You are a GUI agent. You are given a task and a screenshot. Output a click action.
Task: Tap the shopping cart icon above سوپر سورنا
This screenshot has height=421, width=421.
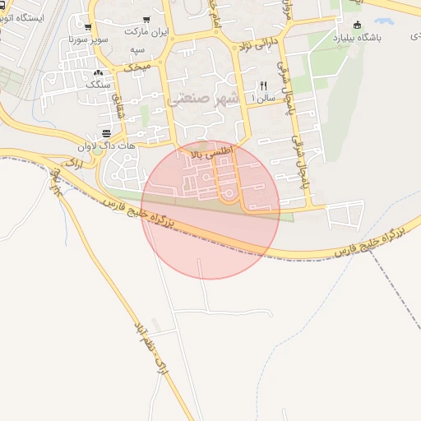[87, 27]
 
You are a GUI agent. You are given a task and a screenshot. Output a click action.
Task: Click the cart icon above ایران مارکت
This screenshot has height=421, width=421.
[146, 19]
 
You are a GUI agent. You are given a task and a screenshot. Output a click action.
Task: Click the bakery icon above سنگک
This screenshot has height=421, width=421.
[99, 72]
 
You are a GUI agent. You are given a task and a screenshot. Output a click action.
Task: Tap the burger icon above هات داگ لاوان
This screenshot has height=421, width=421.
[107, 134]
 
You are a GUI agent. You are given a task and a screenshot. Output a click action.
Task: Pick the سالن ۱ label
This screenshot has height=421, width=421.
[263, 97]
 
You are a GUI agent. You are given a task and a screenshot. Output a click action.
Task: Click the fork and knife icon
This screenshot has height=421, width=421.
[263, 86]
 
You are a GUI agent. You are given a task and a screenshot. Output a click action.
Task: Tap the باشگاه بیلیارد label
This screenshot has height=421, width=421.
[359, 38]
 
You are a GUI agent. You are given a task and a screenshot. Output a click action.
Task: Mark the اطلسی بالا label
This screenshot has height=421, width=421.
[212, 153]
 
